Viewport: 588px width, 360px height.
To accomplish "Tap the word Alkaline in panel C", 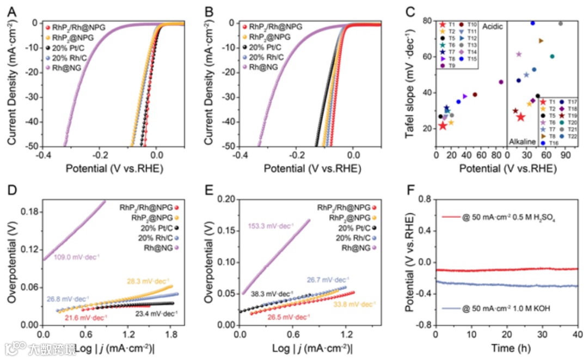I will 522,141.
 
